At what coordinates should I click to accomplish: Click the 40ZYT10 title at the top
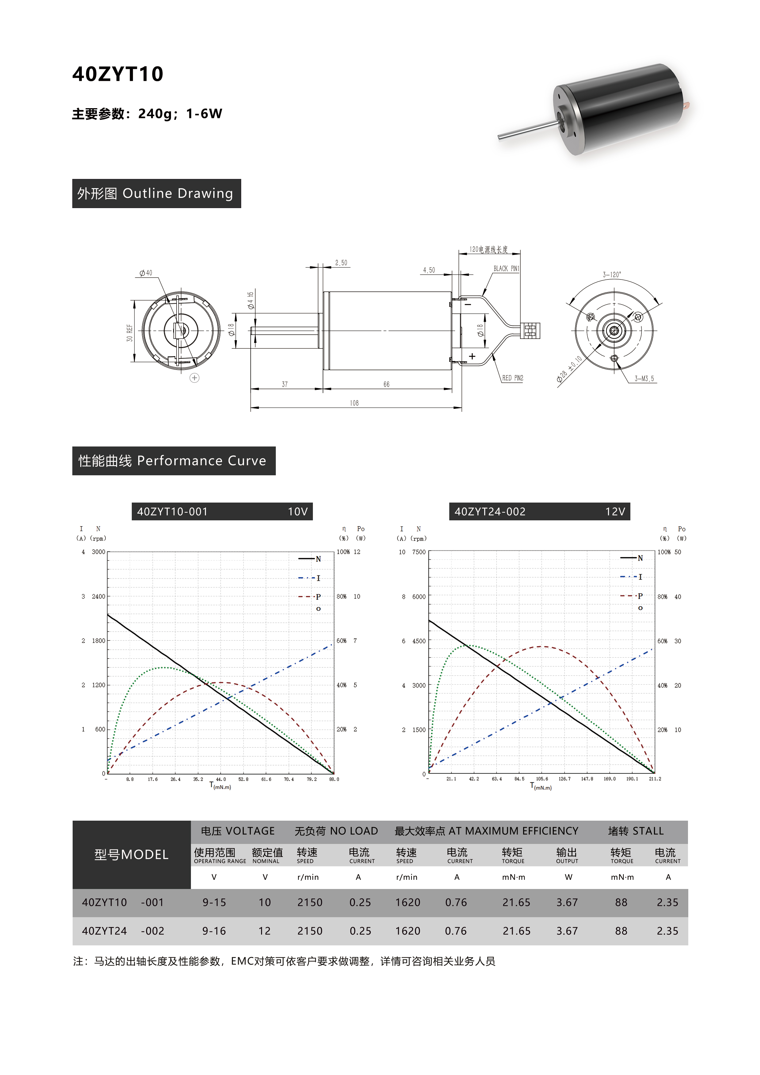pyautogui.click(x=118, y=74)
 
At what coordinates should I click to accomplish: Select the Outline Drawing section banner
pyautogui.click(x=156, y=193)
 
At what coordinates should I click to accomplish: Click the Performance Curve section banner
pyautogui.click(x=174, y=461)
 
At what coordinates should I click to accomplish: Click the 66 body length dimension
pyautogui.click(x=386, y=384)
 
